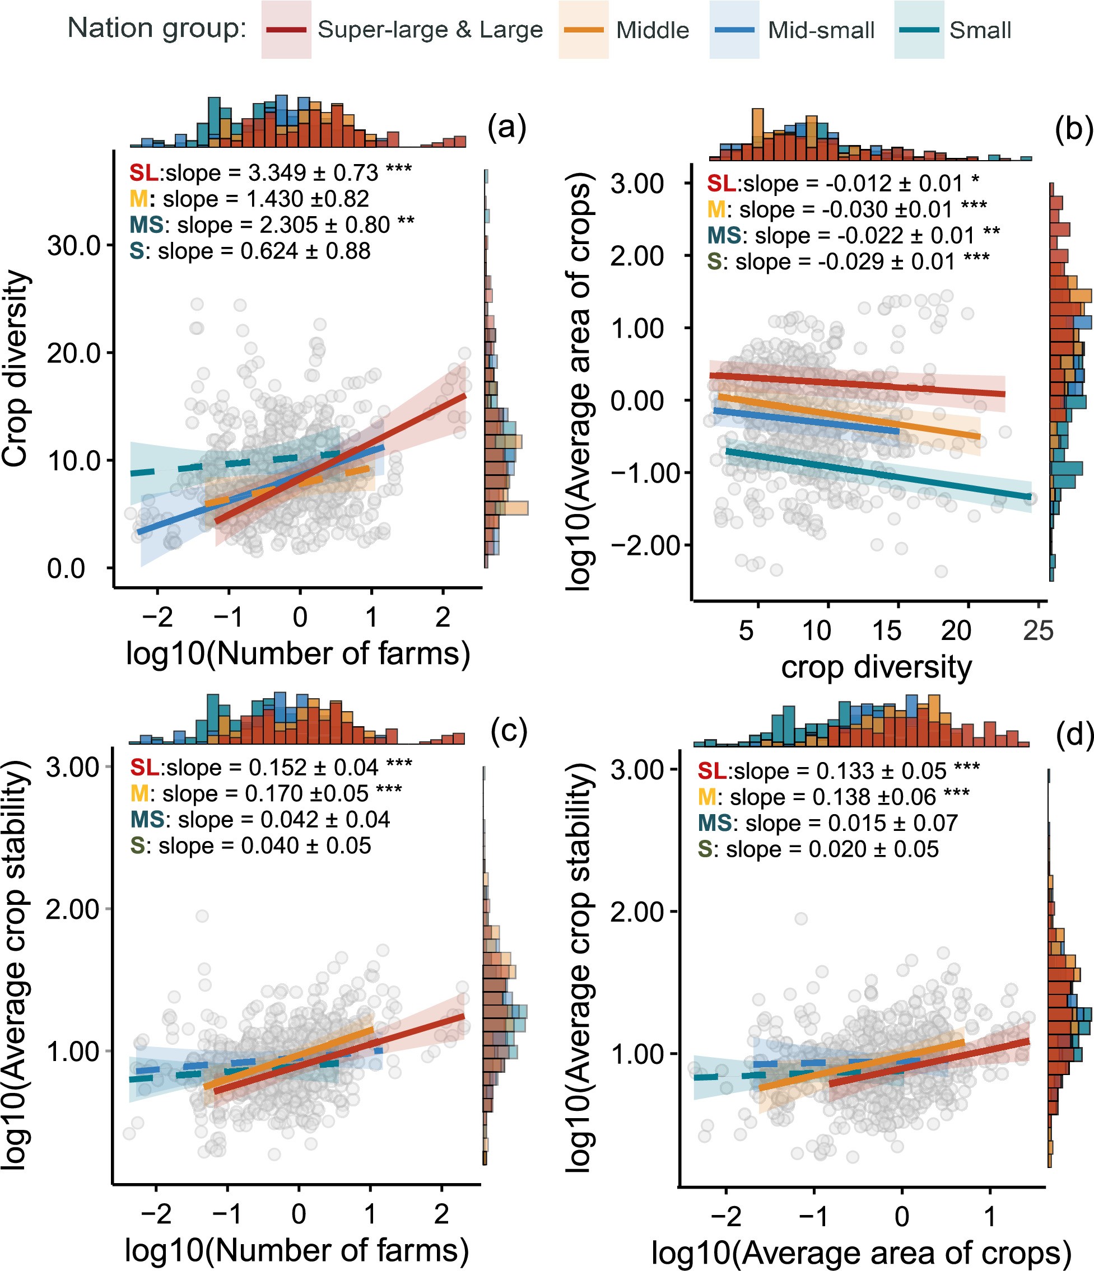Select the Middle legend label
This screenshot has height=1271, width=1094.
tap(651, 30)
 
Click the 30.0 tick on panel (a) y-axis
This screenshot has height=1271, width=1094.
tap(73, 245)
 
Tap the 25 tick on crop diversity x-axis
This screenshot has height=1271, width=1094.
tap(1038, 630)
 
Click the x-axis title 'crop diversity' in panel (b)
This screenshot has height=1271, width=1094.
tap(876, 667)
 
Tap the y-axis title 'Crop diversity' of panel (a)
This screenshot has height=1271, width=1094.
tap(16, 368)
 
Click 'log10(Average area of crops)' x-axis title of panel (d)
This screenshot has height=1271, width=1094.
tap(861, 1253)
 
